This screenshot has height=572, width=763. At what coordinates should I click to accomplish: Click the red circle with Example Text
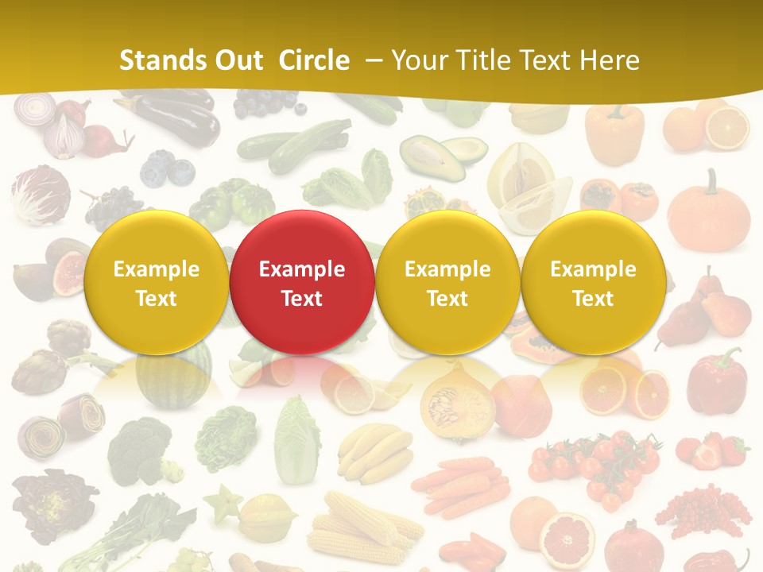[x=301, y=283]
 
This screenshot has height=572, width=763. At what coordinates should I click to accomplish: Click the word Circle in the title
[x=314, y=60]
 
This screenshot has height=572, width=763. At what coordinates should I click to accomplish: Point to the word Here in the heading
[x=611, y=60]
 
